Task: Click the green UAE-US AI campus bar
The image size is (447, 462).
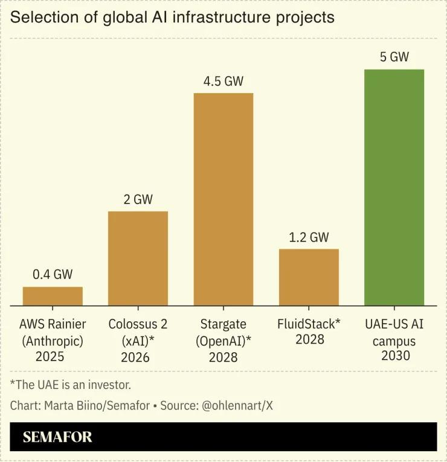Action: tap(394, 187)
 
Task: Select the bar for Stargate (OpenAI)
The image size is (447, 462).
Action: tap(224, 199)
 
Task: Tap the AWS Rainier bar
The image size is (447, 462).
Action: tap(53, 296)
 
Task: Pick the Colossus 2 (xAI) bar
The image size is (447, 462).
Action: tap(138, 258)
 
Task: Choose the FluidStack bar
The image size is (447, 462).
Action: tap(309, 277)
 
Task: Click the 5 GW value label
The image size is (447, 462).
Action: tap(394, 57)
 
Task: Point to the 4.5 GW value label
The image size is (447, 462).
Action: tap(224, 81)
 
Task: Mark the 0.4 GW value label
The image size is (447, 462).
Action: tap(53, 274)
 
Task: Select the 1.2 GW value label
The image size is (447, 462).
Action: tap(309, 237)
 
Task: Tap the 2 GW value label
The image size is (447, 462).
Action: tap(138, 199)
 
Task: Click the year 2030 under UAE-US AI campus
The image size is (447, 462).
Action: tap(396, 355)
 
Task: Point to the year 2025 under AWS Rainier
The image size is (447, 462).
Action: tap(50, 356)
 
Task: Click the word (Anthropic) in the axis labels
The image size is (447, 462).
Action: tap(53, 341)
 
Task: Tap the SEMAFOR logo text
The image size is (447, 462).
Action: tap(57, 437)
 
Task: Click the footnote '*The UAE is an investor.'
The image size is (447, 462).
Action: tap(71, 385)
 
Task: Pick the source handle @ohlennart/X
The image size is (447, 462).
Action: tap(237, 406)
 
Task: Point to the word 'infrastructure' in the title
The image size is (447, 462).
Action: tap(221, 17)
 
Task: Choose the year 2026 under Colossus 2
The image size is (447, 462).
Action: tap(135, 358)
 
